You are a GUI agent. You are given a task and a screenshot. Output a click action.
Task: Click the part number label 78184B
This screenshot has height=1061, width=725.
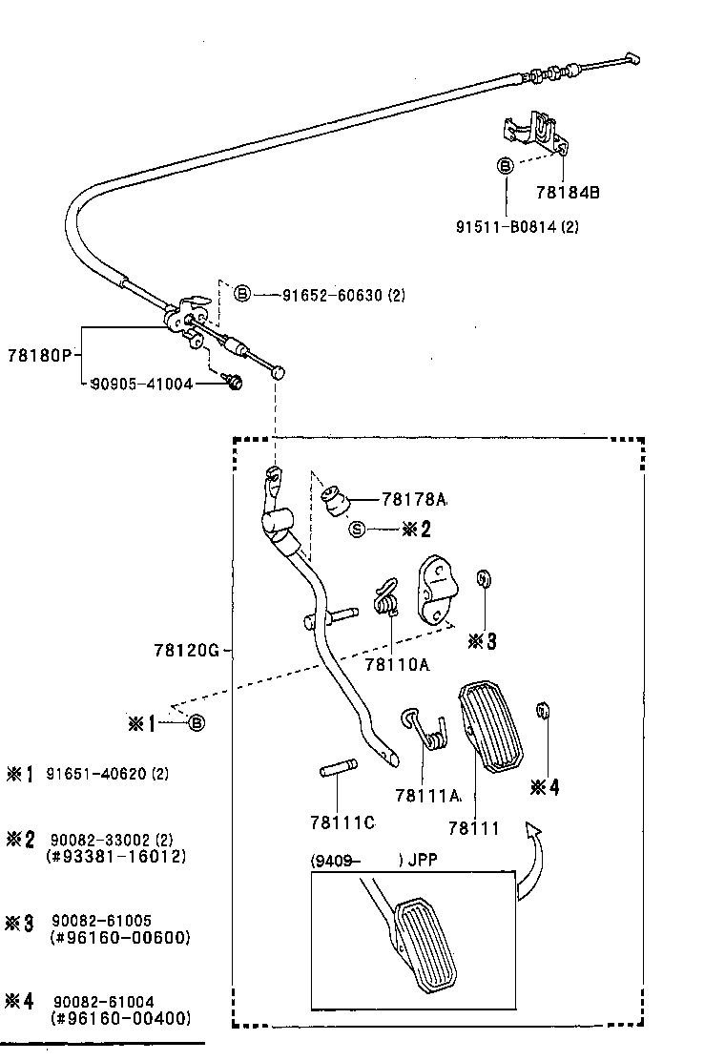568,192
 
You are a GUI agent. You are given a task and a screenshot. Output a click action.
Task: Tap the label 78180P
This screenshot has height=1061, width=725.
39,354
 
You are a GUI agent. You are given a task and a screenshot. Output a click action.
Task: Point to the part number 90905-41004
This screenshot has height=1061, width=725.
141,384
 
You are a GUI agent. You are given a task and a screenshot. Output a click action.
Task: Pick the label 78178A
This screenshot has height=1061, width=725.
414,499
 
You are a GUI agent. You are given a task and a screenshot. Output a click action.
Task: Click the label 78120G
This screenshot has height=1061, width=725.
186,651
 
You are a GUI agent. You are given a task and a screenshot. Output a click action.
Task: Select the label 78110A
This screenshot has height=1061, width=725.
396,664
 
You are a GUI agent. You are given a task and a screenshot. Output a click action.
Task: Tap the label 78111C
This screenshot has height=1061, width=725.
342,822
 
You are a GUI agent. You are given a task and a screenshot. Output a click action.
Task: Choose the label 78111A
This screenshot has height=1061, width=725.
427,795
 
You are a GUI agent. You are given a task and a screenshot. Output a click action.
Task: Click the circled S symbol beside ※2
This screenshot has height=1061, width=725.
357,530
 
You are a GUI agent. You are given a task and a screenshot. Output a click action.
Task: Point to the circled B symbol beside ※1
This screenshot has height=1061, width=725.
197,723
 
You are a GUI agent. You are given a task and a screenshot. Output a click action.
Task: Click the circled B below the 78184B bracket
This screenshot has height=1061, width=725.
506,165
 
